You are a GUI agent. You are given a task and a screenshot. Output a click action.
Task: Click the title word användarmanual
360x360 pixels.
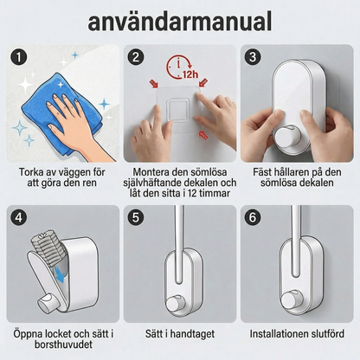tap(179, 21)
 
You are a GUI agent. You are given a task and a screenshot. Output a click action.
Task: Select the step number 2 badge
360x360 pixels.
tap(135, 59)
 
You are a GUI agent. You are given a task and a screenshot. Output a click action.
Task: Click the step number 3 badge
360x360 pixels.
tap(252, 59)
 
